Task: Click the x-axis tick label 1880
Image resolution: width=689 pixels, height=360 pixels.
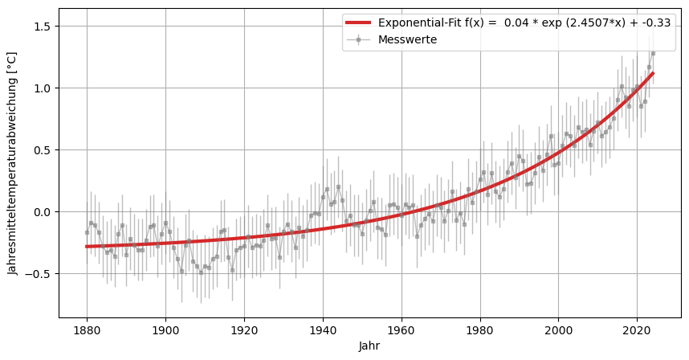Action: (x=87, y=329)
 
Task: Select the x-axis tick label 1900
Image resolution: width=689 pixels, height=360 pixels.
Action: (x=165, y=329)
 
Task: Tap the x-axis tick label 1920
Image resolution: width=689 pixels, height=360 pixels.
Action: (x=244, y=329)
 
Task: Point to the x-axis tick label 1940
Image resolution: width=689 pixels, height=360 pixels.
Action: (x=323, y=329)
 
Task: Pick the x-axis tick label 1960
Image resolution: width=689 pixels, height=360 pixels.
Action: (x=402, y=329)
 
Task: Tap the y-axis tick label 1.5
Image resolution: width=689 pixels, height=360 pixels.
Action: (x=42, y=27)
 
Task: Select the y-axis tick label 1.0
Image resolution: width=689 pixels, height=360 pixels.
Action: (x=42, y=88)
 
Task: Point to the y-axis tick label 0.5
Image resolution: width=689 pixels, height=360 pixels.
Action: (x=42, y=150)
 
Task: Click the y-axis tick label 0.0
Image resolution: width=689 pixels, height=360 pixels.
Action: (x=42, y=212)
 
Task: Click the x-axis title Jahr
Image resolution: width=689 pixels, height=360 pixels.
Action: (x=370, y=346)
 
